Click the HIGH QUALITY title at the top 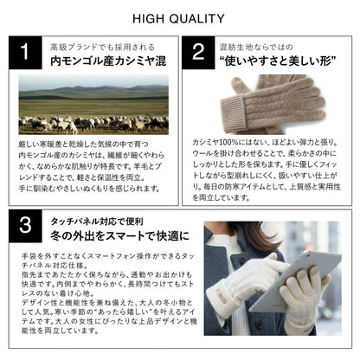coord(179,18)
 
